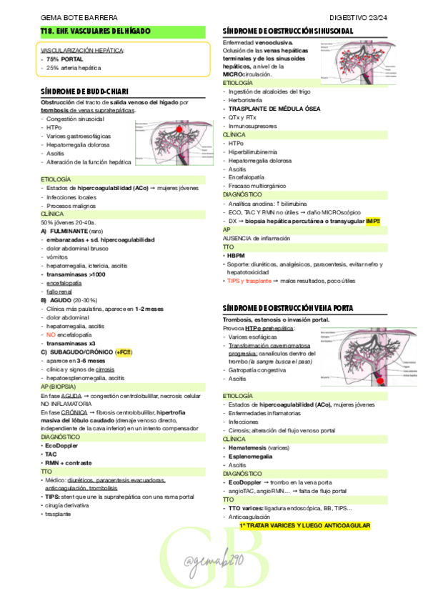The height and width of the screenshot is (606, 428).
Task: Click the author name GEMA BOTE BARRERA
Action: pyautogui.click(x=70, y=17)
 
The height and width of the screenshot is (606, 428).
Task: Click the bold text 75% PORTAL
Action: pyautogui.click(x=65, y=59)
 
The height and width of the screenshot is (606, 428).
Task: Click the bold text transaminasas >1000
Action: pyautogui.click(x=76, y=274)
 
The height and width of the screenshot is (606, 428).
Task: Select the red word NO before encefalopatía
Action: pyautogui.click(x=51, y=334)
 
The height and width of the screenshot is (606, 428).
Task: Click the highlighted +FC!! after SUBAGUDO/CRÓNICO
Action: pyautogui.click(x=124, y=352)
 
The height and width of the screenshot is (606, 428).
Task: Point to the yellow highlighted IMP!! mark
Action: pyautogui.click(x=373, y=222)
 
